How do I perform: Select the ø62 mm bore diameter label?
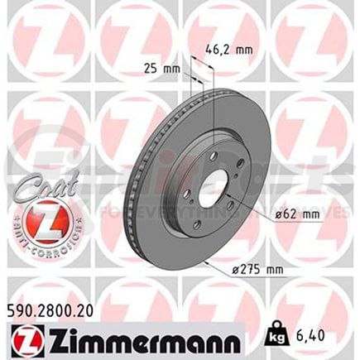(x=295, y=214)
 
